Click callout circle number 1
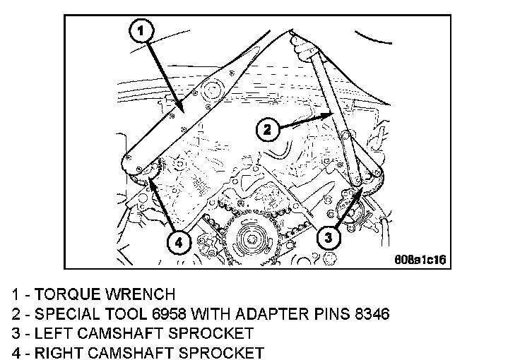141,32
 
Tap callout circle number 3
325,238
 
